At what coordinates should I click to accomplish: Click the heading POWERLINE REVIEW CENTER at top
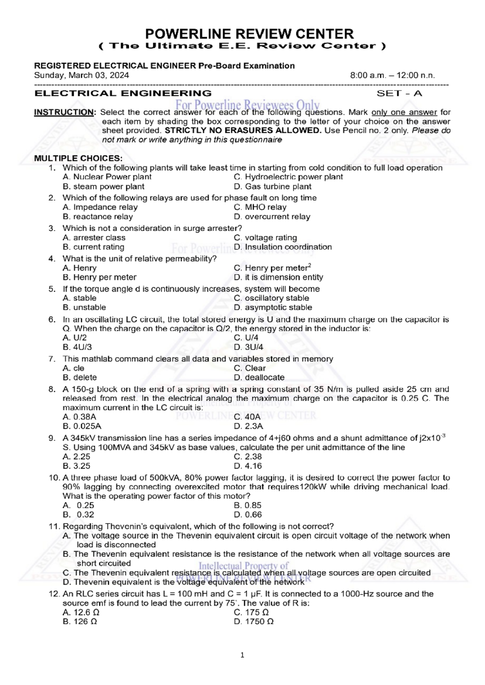point(249,34)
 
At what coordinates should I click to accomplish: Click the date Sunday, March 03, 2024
point(81,76)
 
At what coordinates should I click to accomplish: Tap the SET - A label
point(399,94)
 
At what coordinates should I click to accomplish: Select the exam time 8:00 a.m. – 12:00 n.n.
point(392,76)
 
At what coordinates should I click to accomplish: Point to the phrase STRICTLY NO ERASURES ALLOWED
point(243,130)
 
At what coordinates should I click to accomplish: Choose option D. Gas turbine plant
point(272,187)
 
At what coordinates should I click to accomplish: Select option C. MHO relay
point(260,207)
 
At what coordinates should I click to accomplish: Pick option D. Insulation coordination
point(283,247)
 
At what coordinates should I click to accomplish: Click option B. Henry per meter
point(99,277)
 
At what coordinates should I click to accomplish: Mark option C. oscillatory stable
point(271,298)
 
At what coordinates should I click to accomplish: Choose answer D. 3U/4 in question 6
point(248,347)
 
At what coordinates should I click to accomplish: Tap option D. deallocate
point(259,378)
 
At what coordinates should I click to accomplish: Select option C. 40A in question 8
point(247,417)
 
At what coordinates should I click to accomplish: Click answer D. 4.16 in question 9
point(247,466)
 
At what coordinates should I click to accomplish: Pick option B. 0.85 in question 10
point(247,505)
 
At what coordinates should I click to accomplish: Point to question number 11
point(54,527)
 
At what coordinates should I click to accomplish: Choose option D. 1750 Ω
point(253,622)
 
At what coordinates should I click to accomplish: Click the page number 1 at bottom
point(242,655)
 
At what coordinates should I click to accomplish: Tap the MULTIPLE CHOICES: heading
point(78,158)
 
